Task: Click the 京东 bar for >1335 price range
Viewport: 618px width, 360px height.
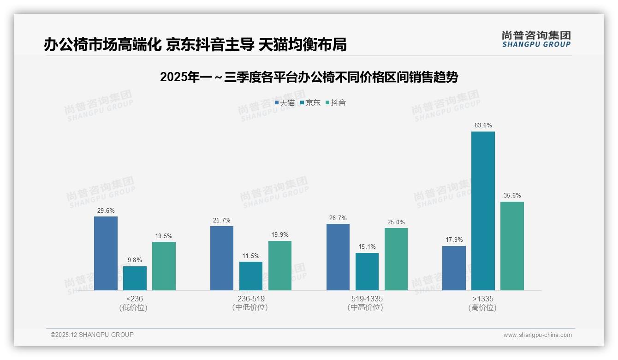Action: pos(483,211)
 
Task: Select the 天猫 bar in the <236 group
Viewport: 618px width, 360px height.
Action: pos(106,253)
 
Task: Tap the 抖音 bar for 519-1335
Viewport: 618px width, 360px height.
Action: pos(396,259)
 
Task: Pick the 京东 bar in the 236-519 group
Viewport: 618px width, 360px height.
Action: pos(251,276)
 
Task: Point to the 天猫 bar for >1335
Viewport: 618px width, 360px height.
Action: pos(454,268)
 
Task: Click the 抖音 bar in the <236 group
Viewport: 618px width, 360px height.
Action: pos(164,266)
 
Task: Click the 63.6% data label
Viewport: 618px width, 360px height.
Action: pos(483,126)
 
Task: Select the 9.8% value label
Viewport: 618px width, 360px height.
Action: pos(135,260)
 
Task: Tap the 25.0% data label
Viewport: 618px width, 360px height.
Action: pos(396,222)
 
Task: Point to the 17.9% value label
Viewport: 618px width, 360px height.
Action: pos(454,240)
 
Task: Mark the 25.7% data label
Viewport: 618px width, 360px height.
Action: pos(222,221)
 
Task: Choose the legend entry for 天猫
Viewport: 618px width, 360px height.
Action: pos(285,103)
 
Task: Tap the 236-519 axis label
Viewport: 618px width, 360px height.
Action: pos(251,299)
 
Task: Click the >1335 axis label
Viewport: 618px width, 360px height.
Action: pos(483,299)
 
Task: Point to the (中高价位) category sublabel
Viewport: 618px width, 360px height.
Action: pos(365,307)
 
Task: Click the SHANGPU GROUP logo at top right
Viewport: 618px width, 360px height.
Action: pos(536,39)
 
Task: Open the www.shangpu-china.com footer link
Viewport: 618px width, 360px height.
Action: pos(537,335)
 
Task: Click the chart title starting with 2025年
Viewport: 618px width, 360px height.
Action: pos(309,78)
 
